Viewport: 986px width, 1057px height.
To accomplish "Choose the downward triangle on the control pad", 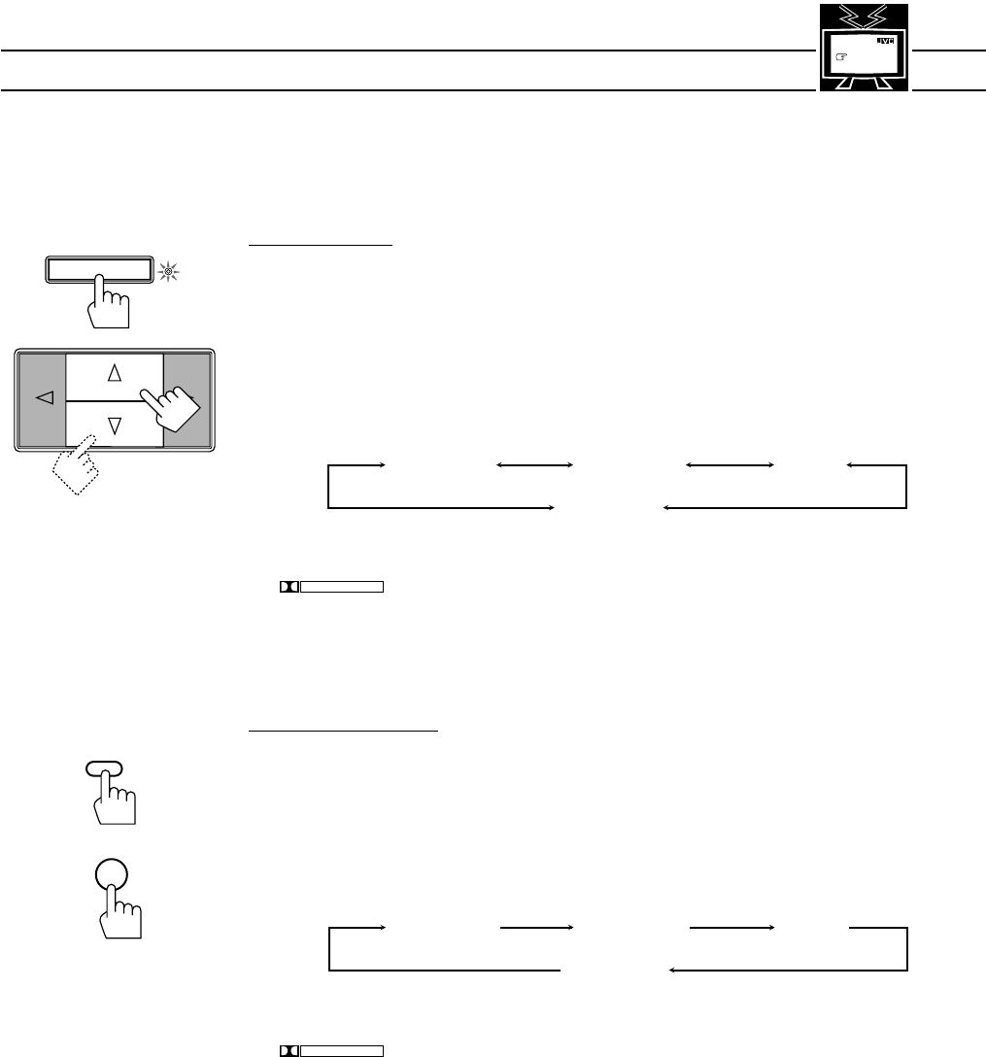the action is tap(115, 424).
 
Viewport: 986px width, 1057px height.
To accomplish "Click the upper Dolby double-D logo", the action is tap(287, 587).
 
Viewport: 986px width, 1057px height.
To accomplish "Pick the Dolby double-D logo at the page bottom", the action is tap(288, 1049).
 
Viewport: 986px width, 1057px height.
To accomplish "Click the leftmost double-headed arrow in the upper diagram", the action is tap(533, 467).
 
